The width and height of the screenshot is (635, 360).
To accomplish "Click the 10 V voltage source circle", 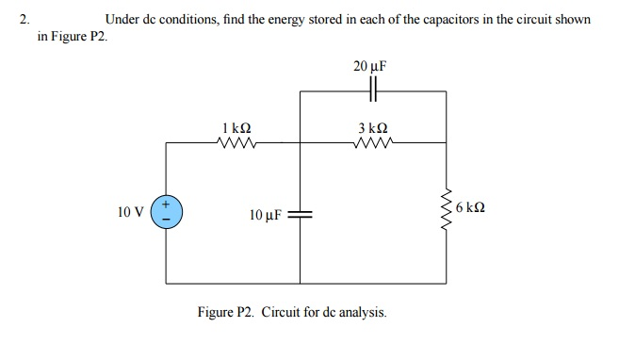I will (166, 212).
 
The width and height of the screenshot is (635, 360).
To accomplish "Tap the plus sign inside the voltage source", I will (166, 204).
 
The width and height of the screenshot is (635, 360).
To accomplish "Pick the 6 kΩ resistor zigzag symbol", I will (447, 211).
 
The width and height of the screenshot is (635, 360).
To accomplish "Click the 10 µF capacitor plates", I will (301, 214).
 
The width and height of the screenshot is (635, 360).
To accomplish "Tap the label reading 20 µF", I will (371, 67).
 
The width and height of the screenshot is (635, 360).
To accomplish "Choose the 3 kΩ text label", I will (372, 127).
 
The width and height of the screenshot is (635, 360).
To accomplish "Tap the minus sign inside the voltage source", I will (166, 221).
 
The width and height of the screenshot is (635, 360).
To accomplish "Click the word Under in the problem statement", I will (122, 19).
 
